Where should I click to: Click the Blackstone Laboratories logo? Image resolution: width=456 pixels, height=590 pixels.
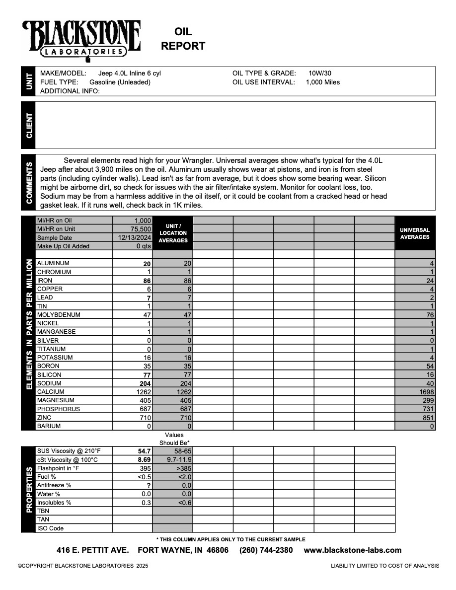pyautogui.click(x=81, y=40)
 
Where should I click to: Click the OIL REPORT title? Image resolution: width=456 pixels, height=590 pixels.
pyautogui.click(x=183, y=39)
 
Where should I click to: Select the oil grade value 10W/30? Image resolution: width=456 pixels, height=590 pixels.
pyautogui.click(x=320, y=74)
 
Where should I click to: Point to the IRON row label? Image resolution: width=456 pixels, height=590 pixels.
pyautogui.click(x=45, y=281)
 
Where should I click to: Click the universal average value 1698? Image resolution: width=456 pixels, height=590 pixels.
pyautogui.click(x=426, y=392)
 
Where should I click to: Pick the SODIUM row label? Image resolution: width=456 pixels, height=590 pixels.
pyautogui.click(x=49, y=383)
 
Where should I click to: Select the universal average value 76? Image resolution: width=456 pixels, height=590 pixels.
pyautogui.click(x=430, y=315)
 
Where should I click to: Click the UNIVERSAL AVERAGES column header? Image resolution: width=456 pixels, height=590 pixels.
pyautogui.click(x=415, y=233)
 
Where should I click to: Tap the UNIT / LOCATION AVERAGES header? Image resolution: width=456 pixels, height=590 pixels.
pyautogui.click(x=173, y=233)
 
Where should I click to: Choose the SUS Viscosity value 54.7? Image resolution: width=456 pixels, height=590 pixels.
pyautogui.click(x=144, y=451)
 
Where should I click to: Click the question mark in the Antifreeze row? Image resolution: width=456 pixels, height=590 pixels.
pyautogui.click(x=149, y=485)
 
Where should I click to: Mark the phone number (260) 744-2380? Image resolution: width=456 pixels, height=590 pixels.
pyautogui.click(x=266, y=550)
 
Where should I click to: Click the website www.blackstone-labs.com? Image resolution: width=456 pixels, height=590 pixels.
pyautogui.click(x=352, y=550)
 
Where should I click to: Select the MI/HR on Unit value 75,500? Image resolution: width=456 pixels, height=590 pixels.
pyautogui.click(x=141, y=229)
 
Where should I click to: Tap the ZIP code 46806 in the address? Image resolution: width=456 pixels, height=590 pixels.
pyautogui.click(x=218, y=550)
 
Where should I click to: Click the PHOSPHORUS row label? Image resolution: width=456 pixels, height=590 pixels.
pyautogui.click(x=58, y=409)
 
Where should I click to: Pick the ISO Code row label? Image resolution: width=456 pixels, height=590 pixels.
pyautogui.click(x=50, y=528)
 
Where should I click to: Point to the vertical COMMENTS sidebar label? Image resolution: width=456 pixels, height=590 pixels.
pyautogui.click(x=29, y=182)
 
